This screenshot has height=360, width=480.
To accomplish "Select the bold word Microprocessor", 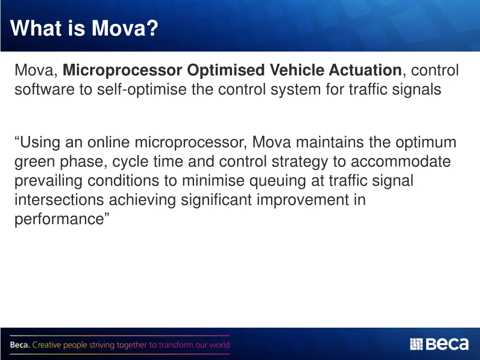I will (x=123, y=70).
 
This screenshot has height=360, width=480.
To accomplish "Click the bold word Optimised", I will (x=226, y=70).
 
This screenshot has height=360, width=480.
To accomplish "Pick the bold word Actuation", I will (x=365, y=70).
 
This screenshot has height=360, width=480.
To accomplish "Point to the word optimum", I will (x=426, y=142).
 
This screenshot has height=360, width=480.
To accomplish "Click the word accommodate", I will (x=401, y=162).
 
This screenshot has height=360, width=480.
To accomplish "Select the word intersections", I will (x=60, y=200).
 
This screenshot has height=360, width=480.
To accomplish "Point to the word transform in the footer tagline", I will (x=176, y=345).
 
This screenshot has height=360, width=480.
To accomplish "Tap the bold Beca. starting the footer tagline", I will (x=20, y=345).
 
